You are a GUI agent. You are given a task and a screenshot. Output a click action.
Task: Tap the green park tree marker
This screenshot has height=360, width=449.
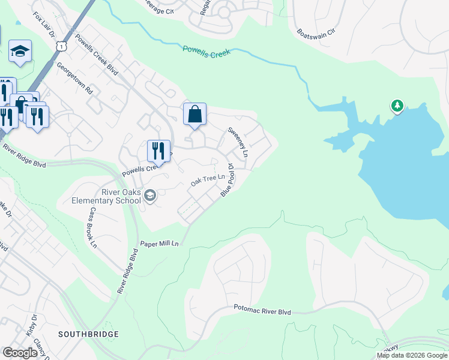[397, 107]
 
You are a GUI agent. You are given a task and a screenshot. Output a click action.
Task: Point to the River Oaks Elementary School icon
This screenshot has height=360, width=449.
[149, 194]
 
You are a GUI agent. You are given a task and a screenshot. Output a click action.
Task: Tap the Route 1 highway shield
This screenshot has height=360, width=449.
[61, 46]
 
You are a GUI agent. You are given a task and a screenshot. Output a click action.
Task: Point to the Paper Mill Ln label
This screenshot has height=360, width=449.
[160, 244]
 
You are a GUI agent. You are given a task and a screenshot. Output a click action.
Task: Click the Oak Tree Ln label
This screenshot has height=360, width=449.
[207, 179]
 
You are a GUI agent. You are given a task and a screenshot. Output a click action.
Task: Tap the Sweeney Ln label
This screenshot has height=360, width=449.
[237, 142]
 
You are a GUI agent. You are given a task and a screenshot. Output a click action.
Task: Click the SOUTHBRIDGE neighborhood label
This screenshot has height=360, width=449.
[88, 334]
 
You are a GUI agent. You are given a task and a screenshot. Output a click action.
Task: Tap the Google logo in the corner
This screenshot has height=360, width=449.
[20, 353]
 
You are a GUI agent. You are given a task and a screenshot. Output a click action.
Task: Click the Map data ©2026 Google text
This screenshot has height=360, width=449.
[412, 355]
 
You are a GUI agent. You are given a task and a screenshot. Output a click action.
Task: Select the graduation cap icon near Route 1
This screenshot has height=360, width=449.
[20, 52]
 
